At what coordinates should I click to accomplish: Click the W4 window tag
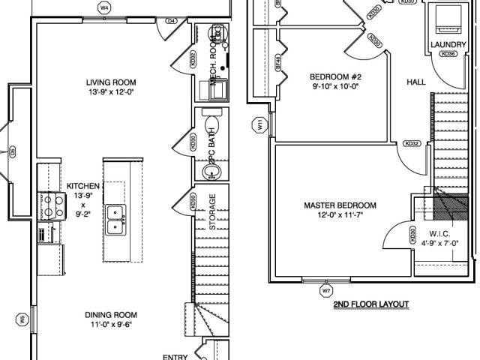104,8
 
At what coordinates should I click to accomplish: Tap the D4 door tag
172,21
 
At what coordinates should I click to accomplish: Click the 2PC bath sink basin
212,172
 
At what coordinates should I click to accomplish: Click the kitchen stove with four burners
51,205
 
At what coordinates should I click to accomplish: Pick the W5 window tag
22,320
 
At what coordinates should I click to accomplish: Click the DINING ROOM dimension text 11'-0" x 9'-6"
111,325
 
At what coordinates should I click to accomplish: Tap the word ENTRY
175,357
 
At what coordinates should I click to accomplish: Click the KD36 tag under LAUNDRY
448,55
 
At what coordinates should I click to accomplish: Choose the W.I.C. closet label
439,234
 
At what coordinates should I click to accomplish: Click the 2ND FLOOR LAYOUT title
371,304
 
